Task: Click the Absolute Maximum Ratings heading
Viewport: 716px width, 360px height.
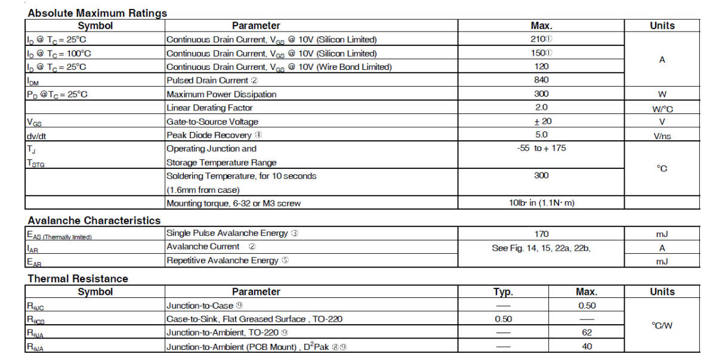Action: coord(97,13)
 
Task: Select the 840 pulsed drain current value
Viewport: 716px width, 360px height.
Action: coord(541,80)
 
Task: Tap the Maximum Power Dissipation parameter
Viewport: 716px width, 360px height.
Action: coord(221,94)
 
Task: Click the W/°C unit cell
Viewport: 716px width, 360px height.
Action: coord(662,109)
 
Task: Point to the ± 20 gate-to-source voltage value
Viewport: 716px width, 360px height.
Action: coord(541,121)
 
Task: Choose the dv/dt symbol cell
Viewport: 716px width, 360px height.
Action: coord(36,136)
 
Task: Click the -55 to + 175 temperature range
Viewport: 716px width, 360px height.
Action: coord(541,148)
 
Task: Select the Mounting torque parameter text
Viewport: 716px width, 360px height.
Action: coord(233,203)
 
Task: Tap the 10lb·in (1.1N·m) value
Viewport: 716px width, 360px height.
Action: coord(541,203)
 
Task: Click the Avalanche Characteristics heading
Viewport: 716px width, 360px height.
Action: coord(94,220)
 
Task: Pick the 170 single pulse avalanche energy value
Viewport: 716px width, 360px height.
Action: coord(541,234)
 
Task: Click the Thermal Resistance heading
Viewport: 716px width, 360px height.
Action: coord(78,278)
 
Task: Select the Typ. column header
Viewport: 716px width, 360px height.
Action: coord(503,292)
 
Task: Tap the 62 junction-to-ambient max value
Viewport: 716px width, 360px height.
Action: coord(587,333)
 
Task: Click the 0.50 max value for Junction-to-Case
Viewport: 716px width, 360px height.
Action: coord(587,306)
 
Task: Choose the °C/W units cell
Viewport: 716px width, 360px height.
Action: coord(662,326)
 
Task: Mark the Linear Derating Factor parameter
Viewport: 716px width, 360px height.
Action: coord(209,108)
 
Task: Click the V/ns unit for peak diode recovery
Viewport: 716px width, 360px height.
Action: coord(662,136)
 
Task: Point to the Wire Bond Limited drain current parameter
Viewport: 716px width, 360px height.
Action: coord(279,67)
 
